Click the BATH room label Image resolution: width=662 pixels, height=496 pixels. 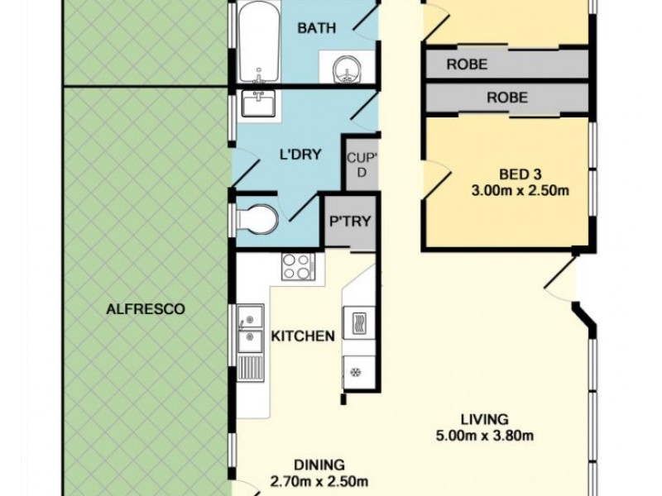317,28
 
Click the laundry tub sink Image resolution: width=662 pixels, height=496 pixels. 258,103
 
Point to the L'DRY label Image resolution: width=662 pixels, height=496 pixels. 300,155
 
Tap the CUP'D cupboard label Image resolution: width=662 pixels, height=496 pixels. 362,165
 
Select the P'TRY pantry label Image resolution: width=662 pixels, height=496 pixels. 350,221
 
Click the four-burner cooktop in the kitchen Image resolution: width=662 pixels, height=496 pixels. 298,266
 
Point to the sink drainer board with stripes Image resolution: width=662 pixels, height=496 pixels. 251,368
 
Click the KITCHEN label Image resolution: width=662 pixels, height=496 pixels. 303,336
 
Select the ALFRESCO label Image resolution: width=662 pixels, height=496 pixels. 146,309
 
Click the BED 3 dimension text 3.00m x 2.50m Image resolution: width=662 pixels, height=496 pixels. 520,191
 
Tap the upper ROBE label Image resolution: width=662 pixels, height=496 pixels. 467,64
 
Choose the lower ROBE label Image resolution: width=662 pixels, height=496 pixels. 507,98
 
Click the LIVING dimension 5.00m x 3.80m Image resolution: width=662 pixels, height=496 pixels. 485,436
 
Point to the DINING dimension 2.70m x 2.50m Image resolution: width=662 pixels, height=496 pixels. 319,481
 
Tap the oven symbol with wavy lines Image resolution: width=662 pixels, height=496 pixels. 359,322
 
